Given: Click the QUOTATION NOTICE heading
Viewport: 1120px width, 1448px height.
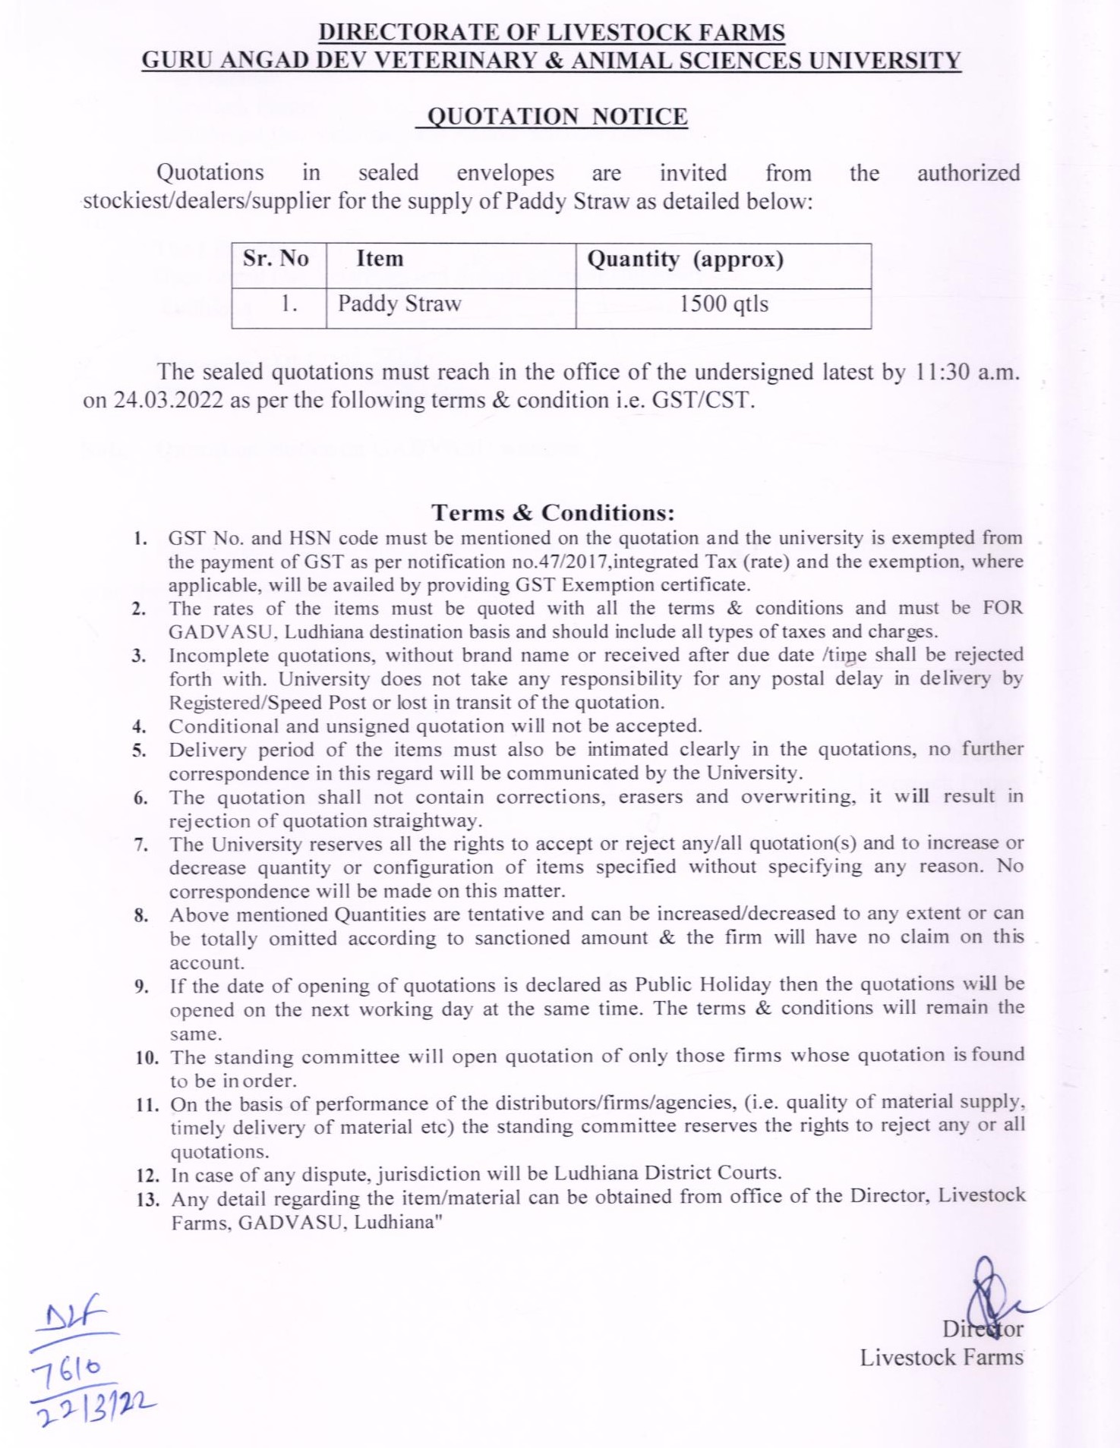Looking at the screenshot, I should [x=557, y=117].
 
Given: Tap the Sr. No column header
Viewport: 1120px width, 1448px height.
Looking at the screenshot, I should [x=276, y=259].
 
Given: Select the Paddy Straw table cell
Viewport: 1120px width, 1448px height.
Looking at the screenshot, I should [x=399, y=304].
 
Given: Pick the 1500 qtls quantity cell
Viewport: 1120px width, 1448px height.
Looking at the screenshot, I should [x=723, y=304].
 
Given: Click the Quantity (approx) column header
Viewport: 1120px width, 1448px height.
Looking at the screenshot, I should [x=685, y=260].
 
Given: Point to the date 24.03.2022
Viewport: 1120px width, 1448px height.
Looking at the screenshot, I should [x=169, y=400].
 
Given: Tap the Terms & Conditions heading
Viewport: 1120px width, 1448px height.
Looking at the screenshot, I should [x=553, y=513].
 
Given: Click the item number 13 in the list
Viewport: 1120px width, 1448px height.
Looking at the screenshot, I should [x=148, y=1200].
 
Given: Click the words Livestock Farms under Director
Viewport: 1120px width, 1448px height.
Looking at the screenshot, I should [x=941, y=1357].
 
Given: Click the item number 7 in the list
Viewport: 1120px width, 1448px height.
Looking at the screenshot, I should [x=141, y=845].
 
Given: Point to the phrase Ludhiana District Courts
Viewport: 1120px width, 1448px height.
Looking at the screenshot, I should [x=667, y=1173].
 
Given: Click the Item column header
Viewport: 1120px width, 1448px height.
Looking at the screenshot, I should [x=380, y=259].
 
